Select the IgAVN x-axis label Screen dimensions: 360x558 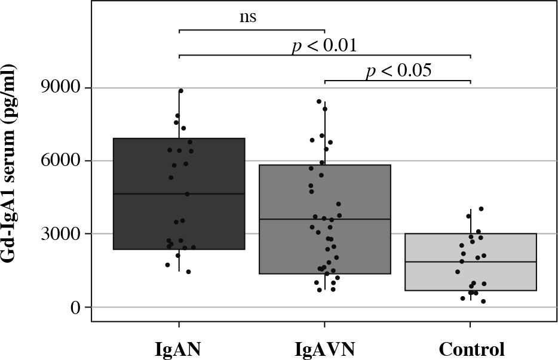tap(324, 348)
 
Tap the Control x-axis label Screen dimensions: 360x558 tap(471, 348)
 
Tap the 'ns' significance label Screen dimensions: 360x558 tap(248, 17)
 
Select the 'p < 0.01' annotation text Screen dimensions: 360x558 tap(324, 45)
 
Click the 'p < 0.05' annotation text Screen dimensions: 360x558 tap(398, 71)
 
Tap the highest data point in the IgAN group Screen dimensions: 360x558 tap(181, 91)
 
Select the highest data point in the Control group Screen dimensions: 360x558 tap(481, 209)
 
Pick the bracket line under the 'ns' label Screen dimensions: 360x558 tap(251, 30)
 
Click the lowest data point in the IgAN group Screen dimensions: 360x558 tap(188, 272)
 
